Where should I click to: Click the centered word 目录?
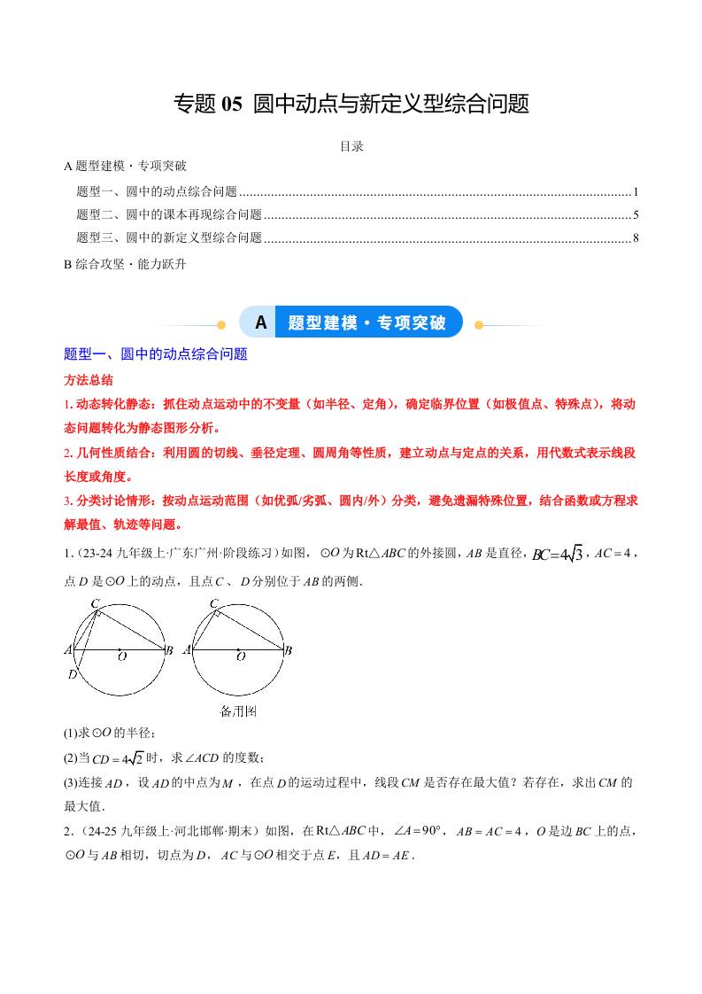click(351, 146)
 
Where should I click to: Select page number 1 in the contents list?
click(636, 190)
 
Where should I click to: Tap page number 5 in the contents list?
click(636, 214)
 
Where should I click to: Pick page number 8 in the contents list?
click(636, 237)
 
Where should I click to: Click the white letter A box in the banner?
click(260, 322)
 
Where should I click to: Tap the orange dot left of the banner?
click(222, 324)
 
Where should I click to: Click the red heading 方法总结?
click(89, 379)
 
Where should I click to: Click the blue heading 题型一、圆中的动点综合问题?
click(156, 354)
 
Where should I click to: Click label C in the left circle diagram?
click(94, 604)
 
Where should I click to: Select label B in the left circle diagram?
click(169, 650)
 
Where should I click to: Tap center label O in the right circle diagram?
click(241, 656)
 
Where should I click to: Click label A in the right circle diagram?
click(187, 650)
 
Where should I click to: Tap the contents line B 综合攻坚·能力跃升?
click(125, 263)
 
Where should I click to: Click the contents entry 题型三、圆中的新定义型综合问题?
click(169, 237)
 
